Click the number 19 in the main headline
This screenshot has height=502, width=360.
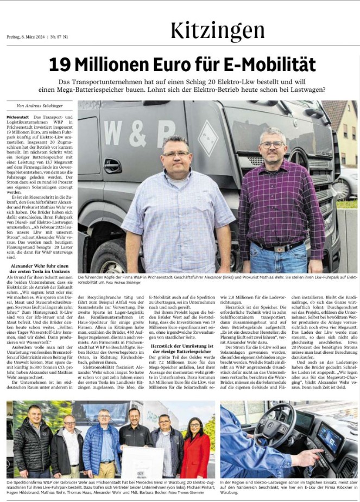click(x=59, y=65)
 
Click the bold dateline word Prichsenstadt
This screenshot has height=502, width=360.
click(x=18, y=117)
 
